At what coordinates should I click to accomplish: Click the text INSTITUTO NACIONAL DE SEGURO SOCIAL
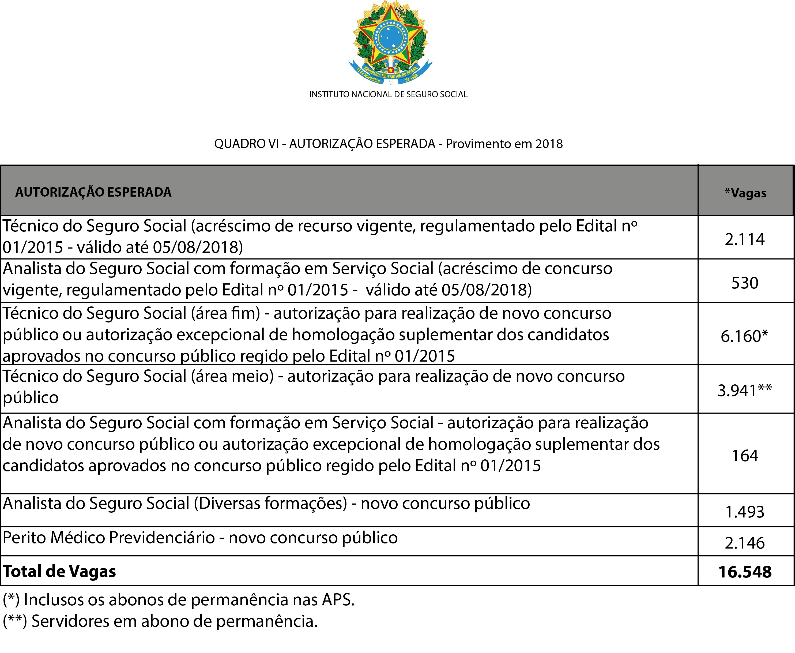(389, 94)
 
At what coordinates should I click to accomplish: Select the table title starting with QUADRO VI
(389, 144)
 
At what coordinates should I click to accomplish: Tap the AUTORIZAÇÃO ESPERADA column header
(93, 192)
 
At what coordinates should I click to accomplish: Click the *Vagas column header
(745, 193)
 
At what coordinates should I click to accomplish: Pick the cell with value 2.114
(745, 239)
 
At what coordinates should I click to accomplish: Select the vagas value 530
(745, 283)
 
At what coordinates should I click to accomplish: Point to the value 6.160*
(744, 336)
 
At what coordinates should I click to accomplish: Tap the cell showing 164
(745, 456)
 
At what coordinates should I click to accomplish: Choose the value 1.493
(745, 512)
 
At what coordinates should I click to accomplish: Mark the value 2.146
(745, 543)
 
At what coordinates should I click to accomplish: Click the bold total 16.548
(745, 572)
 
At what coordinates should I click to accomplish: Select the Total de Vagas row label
(59, 571)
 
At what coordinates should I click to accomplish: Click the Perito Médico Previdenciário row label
(109, 538)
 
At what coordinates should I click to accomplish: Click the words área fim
(226, 313)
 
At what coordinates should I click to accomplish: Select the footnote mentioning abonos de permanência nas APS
(179, 600)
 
